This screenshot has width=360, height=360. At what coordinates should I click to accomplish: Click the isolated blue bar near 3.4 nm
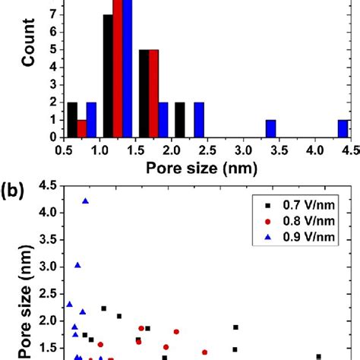[270, 129]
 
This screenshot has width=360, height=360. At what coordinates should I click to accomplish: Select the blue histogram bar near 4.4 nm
[343, 129]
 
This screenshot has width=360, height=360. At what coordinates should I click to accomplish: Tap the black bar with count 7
[108, 76]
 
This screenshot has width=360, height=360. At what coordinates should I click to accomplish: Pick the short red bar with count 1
[82, 129]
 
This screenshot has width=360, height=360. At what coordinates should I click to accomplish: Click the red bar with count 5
[153, 93]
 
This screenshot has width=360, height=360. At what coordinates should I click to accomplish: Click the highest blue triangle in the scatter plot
[86, 201]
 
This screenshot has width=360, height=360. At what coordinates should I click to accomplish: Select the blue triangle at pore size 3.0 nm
[77, 265]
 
